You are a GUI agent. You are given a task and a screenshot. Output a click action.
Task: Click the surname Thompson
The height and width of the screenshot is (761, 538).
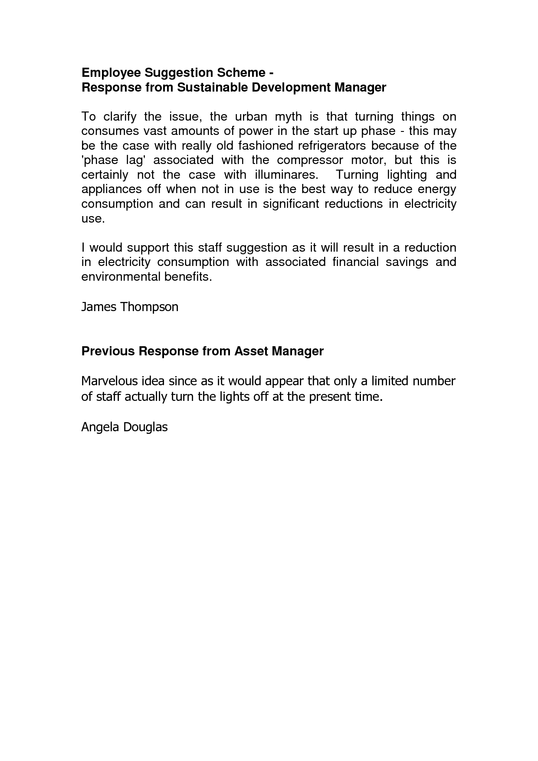(149, 307)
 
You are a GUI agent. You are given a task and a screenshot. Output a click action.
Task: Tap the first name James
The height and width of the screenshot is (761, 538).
(99, 307)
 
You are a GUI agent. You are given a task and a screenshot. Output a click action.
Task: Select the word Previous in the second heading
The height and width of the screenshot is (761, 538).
(108, 351)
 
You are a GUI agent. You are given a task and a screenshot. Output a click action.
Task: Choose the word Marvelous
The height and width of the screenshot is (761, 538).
(108, 381)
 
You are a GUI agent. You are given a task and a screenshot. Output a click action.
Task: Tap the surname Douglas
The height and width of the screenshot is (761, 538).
(145, 427)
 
